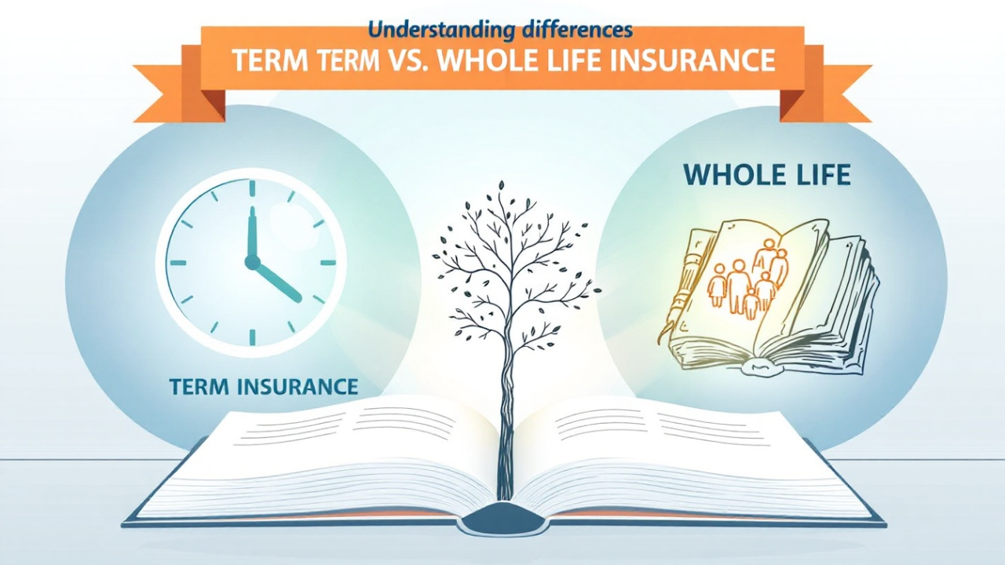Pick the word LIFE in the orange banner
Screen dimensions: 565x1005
pos(550,60)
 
